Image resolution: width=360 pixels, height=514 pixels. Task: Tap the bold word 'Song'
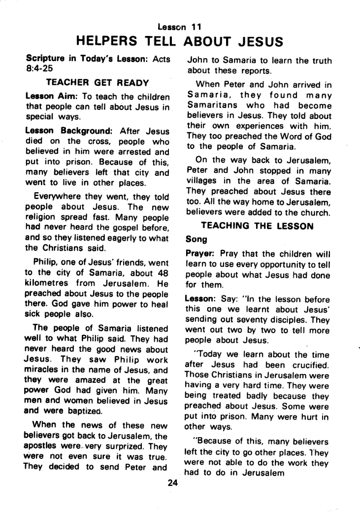click(x=196, y=240)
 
